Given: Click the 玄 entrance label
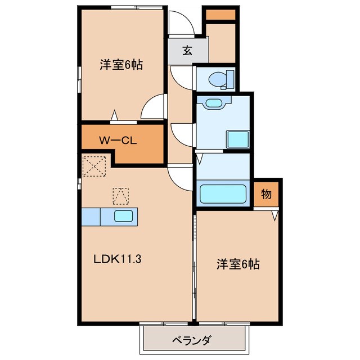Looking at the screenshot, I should point(187,50).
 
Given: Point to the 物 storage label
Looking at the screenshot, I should point(266,195).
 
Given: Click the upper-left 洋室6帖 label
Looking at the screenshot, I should point(121,65).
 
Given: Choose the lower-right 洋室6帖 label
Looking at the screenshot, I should point(238,264).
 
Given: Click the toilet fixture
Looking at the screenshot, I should point(220,79).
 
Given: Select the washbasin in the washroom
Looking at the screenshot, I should point(214,103).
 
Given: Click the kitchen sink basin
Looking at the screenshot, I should point(124,216).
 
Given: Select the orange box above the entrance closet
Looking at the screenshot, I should point(219,15).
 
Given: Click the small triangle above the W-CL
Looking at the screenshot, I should point(115,116).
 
